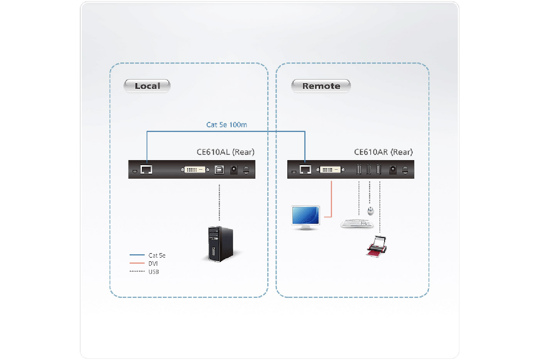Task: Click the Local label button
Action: click(147, 86)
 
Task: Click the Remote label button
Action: click(321, 86)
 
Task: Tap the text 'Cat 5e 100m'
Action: click(226, 125)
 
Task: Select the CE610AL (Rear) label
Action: click(225, 152)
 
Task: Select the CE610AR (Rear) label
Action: click(383, 152)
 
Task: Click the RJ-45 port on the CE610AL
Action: click(146, 169)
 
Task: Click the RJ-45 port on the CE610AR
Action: click(305, 169)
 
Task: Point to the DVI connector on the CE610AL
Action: click(195, 169)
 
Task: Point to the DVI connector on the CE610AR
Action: click(330, 169)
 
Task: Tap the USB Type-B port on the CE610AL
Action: click(219, 169)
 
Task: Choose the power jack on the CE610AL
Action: click(234, 169)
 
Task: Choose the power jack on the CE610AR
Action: click(393, 169)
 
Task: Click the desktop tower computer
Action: click(220, 244)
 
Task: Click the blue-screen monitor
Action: click(305, 217)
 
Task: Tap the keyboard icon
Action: click(357, 223)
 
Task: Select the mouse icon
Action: click(370, 211)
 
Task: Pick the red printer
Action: click(376, 247)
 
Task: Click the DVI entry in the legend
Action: click(153, 264)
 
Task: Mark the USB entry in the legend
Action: click(153, 272)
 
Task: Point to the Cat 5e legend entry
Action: click(157, 255)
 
